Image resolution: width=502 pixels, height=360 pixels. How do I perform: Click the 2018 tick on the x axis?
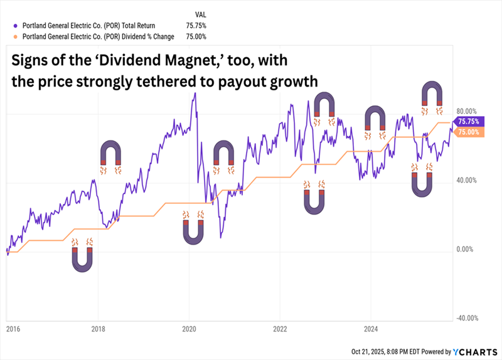pos(98,327)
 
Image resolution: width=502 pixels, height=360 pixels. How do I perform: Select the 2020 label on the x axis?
pos(190,327)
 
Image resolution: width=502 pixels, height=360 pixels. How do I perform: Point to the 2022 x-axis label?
pos(280,327)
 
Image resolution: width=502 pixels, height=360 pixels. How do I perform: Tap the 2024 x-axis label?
pos(371,327)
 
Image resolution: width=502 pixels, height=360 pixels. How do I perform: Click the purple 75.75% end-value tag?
pos(469,122)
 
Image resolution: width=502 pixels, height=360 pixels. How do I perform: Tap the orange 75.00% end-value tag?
pos(469,132)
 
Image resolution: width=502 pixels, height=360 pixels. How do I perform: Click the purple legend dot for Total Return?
pos(16,26)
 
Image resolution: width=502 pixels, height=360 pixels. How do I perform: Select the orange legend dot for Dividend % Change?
pos(16,36)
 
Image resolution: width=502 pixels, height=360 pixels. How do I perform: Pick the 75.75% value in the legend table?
pos(196,26)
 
